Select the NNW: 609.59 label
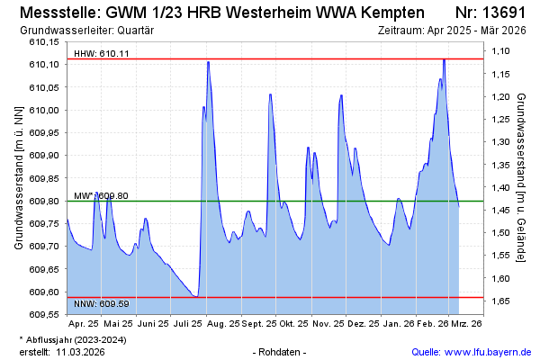102,303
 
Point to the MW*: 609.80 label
101,195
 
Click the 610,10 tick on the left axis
43,65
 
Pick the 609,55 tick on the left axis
43,315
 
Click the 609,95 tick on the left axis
43,133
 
